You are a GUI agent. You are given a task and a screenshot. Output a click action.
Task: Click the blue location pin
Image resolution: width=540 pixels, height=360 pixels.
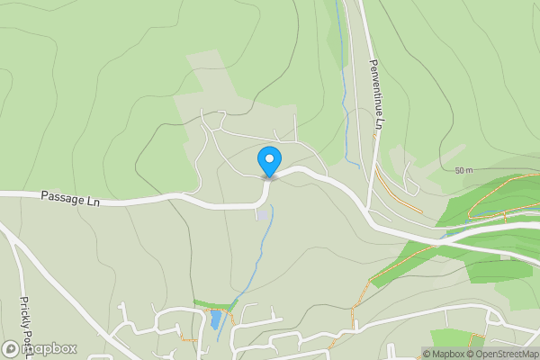point(268,161)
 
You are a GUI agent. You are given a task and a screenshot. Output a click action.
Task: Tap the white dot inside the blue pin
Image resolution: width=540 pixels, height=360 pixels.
point(268,158)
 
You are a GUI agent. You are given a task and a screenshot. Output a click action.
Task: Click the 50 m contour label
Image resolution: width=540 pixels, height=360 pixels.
point(463,170)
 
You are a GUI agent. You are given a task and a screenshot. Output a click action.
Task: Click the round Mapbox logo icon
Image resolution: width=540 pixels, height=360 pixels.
point(12,348)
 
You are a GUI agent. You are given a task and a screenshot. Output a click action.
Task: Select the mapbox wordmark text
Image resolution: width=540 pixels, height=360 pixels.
point(49,348)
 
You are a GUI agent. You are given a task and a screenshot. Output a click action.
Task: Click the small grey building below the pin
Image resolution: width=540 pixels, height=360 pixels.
point(261,213)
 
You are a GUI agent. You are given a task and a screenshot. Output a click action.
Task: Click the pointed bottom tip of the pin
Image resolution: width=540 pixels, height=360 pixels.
point(268,177)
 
